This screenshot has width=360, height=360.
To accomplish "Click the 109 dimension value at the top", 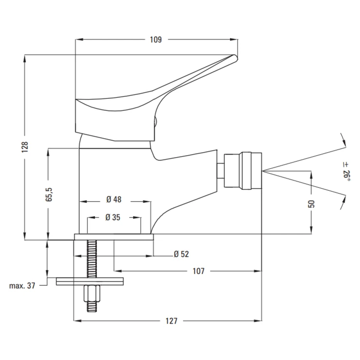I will click(x=155, y=40).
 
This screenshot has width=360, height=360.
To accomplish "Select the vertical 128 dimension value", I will click(x=25, y=146).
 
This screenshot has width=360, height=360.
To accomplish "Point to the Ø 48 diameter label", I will click(x=114, y=199).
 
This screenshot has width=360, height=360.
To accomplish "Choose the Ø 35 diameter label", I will click(x=113, y=218).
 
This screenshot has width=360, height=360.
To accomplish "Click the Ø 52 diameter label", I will click(x=181, y=254).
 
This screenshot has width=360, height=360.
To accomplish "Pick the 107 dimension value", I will click(x=198, y=271).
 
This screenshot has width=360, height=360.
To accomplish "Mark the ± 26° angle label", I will click(x=346, y=172).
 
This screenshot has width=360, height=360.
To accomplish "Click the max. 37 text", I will click(x=22, y=286).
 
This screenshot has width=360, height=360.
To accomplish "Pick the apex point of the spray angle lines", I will click(x=263, y=170).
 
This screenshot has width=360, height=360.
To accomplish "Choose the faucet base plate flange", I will click(x=113, y=237).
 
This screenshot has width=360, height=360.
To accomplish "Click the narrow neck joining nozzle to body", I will click(x=220, y=170).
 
